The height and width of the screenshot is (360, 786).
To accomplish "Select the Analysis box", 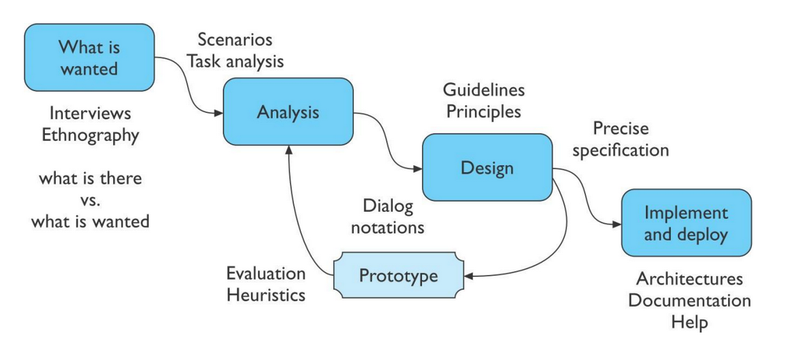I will point(288,112).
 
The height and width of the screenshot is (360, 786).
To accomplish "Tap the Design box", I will point(487,167).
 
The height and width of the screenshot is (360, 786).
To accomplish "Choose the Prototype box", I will point(398,276).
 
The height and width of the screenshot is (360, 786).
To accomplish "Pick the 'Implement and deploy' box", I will point(685,223).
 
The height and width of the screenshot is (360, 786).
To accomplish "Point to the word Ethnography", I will point(90,134).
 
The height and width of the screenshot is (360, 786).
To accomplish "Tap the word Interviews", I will point(91,112).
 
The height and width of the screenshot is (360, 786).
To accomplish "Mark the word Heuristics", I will point(266,295).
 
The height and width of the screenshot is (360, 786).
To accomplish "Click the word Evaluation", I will point(266,274).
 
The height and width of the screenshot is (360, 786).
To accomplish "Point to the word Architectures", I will point(689,279).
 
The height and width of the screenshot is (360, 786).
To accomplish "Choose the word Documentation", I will point(689,300).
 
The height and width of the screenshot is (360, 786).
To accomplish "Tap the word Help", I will point(689,322).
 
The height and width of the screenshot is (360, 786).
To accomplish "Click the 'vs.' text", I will point(91,200).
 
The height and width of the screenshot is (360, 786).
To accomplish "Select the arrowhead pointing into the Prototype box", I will point(468,276).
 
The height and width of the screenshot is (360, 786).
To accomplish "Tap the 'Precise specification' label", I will point(620,139).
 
